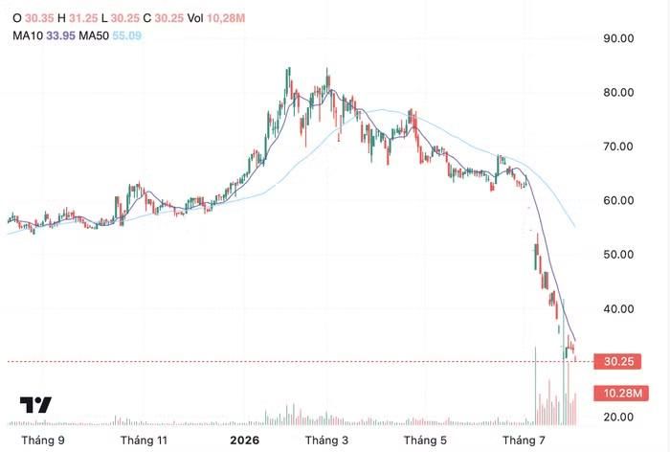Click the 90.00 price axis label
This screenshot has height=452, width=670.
(x=618, y=38)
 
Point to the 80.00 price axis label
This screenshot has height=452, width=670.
(x=618, y=92)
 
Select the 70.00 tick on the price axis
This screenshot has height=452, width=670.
(x=618, y=147)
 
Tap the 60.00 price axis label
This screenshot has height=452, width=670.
(x=618, y=200)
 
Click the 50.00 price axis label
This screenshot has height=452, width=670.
(x=618, y=255)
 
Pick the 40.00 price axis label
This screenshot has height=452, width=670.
(x=618, y=308)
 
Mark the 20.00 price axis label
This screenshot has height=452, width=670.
(x=618, y=417)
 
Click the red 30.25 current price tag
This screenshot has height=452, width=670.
(x=618, y=362)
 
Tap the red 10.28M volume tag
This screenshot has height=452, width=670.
(x=621, y=393)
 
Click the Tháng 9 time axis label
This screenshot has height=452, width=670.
(x=43, y=441)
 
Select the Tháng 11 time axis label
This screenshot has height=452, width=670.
(x=144, y=441)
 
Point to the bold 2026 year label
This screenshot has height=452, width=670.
(x=244, y=441)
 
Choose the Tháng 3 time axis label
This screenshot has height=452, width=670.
(x=326, y=441)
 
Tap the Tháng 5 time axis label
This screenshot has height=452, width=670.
(x=425, y=441)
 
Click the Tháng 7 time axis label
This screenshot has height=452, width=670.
(x=524, y=441)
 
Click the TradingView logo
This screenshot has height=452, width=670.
(x=35, y=404)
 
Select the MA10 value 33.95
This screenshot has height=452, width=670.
(x=60, y=35)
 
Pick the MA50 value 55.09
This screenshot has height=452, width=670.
(x=126, y=35)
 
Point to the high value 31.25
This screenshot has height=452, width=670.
(x=83, y=18)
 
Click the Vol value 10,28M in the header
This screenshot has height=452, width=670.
(x=226, y=18)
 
